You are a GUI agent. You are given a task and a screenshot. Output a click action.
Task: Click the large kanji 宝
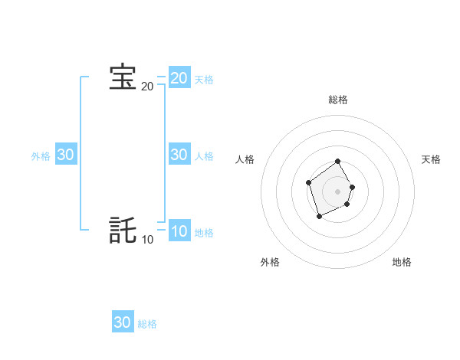123,77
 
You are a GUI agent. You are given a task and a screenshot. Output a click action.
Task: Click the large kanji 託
123,231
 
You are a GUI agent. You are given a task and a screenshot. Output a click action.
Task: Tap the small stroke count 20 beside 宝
147,87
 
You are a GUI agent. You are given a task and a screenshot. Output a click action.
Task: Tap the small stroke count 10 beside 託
147,240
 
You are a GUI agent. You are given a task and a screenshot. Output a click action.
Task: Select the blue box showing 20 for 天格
179,77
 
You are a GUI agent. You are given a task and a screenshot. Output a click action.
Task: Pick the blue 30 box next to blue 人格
179,154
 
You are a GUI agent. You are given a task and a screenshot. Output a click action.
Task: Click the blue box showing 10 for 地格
179,231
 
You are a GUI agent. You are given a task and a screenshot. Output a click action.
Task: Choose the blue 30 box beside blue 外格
65,154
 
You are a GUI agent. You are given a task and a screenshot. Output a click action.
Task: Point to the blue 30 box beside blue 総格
123,322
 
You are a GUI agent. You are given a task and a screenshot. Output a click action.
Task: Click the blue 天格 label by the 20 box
204,79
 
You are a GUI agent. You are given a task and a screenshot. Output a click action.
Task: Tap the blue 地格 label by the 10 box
204,233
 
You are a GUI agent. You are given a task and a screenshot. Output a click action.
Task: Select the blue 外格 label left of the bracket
41,156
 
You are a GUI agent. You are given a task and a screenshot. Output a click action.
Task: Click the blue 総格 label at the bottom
147,325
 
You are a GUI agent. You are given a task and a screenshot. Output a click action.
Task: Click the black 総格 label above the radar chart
338,100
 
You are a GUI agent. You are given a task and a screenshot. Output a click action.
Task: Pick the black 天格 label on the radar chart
431,159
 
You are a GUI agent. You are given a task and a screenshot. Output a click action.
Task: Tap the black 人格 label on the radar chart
245,159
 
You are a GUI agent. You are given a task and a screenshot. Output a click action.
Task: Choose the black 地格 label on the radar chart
402,262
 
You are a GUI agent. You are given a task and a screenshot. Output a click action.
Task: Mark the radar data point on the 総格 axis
338,162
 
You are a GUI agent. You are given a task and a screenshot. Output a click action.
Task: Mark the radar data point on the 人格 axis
308,182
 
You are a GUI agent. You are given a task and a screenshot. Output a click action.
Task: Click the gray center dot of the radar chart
338,191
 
